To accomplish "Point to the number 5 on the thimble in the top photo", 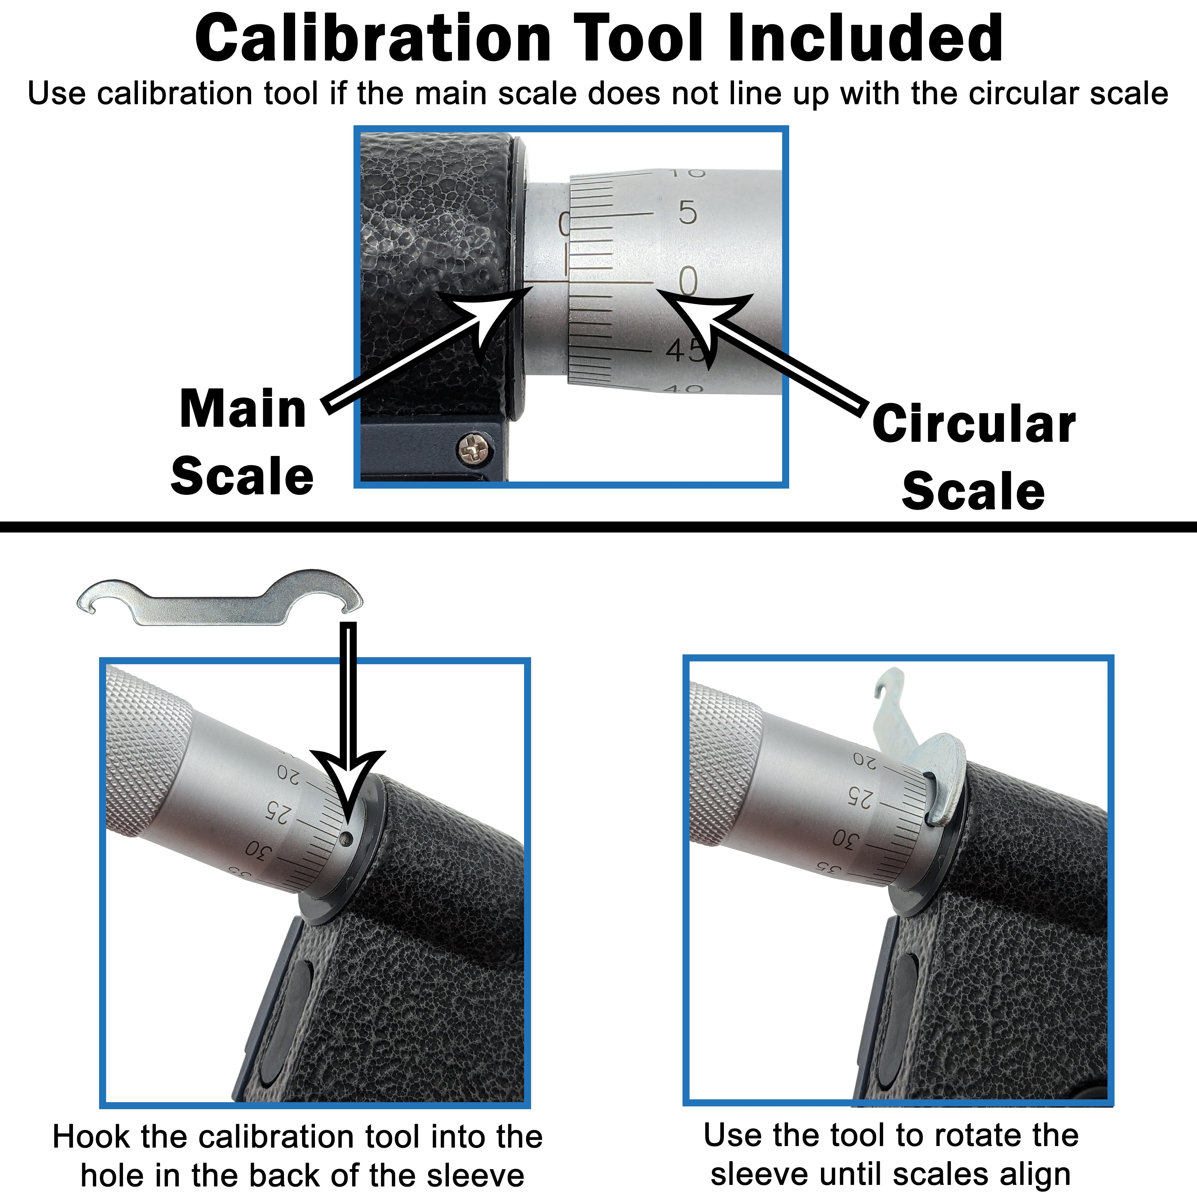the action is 688,212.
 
